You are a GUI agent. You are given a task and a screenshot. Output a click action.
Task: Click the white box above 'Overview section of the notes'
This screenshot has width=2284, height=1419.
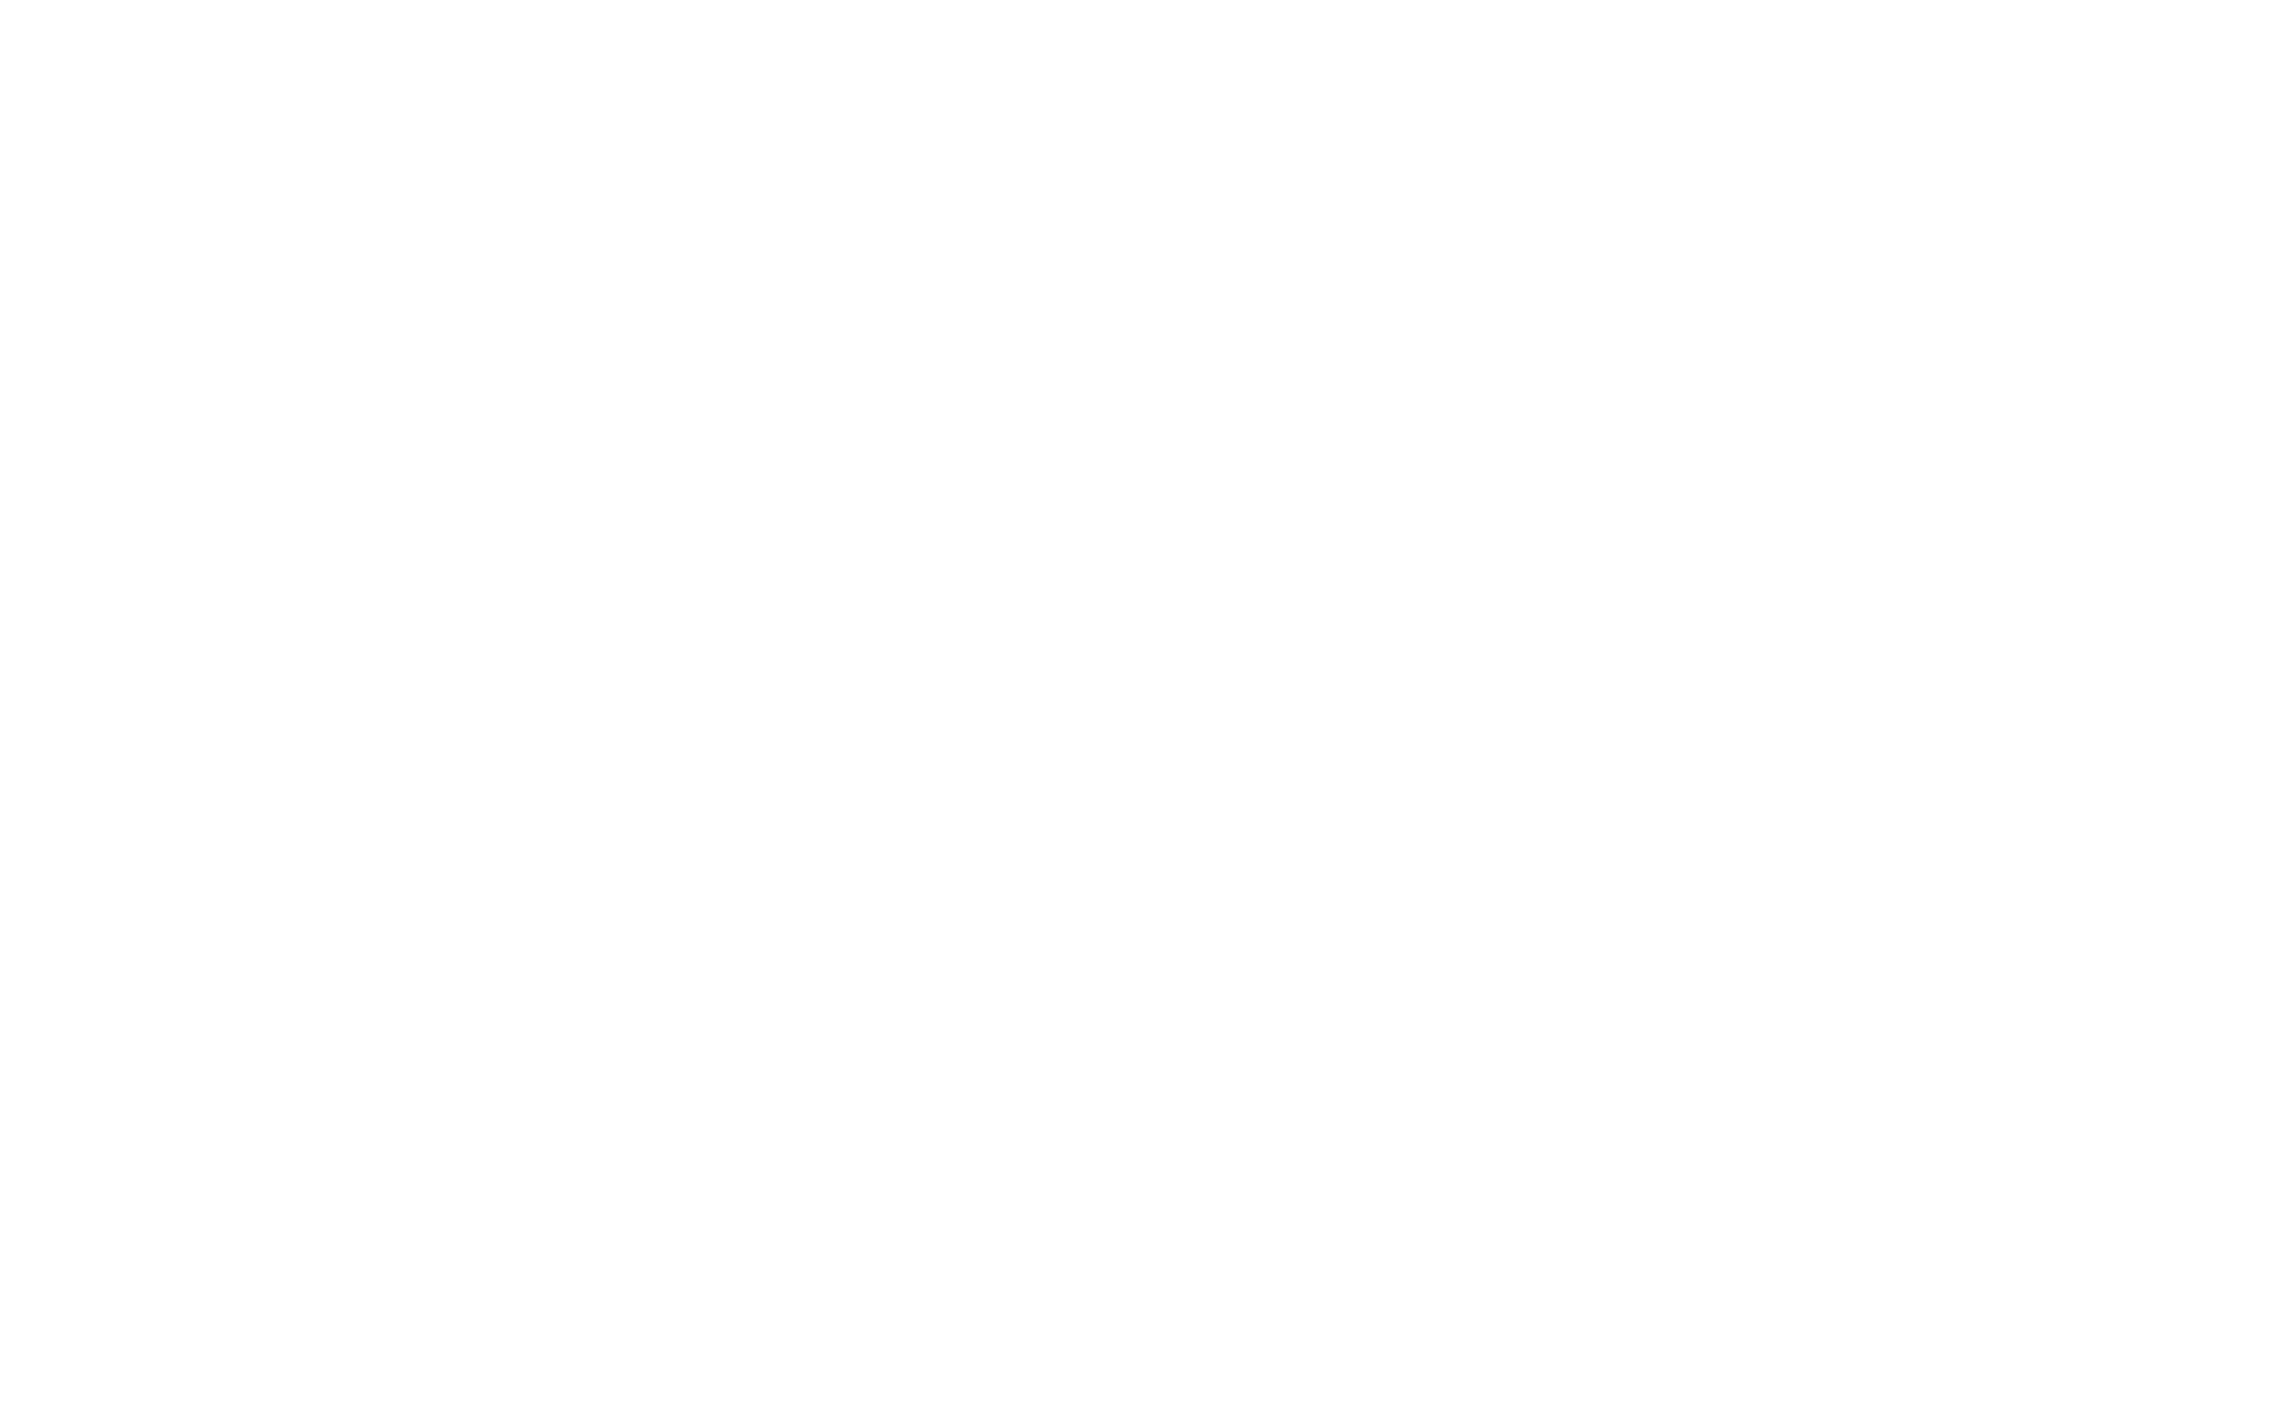(x=489, y=168)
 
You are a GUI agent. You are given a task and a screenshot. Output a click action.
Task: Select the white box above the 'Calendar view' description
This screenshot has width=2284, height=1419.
(x=1144, y=168)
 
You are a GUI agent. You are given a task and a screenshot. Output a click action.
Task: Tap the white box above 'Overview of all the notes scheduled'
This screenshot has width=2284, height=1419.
(x=1709, y=168)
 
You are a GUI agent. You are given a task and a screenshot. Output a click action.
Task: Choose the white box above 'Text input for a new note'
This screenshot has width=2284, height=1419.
(x=299, y=540)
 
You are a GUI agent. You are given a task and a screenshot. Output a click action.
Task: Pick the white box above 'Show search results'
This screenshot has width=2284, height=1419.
(x=679, y=540)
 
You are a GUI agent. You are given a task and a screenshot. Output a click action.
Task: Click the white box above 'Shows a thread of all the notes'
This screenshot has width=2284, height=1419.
(x=1144, y=509)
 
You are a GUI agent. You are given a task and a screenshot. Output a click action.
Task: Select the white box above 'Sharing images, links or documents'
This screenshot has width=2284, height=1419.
(x=1973, y=561)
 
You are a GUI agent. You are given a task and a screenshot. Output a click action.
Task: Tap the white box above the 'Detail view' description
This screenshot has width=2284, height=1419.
(x=1144, y=849)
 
